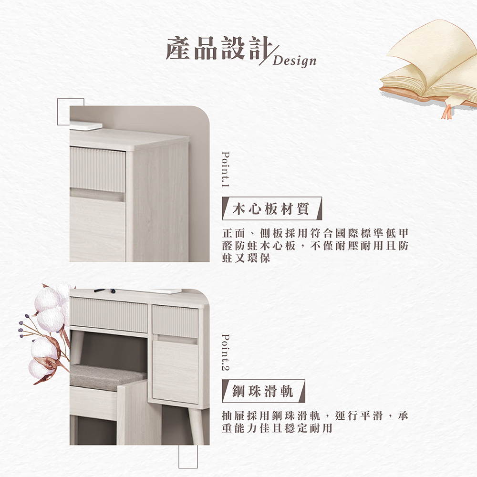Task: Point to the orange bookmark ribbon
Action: [x=447, y=110]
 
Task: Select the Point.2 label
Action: [x=226, y=353]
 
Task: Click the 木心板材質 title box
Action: [x=272, y=209]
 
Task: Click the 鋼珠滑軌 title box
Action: [x=263, y=391]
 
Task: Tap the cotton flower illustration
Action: [x=48, y=329]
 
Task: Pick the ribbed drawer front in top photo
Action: [x=97, y=169]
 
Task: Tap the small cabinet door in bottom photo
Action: [x=175, y=371]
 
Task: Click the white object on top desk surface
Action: [x=86, y=125]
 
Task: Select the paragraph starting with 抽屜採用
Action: [x=315, y=422]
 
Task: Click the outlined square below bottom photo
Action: [x=188, y=456]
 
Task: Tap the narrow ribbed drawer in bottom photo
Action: [x=175, y=320]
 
